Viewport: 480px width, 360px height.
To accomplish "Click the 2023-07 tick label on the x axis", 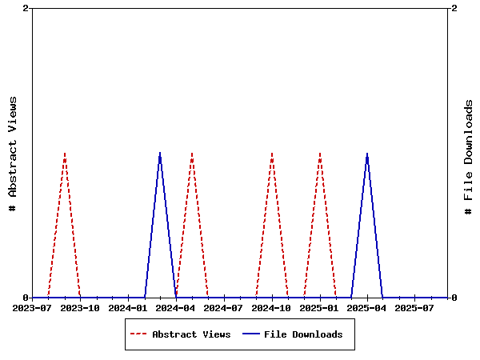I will point(33,307).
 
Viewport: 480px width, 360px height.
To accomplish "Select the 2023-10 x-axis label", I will point(80,307).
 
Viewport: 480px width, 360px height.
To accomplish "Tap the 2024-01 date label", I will point(128,307).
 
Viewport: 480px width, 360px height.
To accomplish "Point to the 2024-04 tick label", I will point(176,307).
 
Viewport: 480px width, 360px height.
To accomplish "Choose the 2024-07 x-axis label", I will point(224,307).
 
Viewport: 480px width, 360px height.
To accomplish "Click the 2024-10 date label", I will point(272,307).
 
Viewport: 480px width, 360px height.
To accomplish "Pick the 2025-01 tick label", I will point(320,307).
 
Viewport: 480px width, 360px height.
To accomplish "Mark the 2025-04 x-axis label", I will point(367,307).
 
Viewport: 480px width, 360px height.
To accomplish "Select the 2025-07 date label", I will point(414,307).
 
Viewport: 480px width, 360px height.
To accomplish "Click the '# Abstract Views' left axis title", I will point(13,153).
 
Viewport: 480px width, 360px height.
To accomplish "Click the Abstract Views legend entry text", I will point(191,334).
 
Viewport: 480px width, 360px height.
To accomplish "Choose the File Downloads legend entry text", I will point(303,334).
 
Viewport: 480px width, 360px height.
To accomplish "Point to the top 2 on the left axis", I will point(26,8).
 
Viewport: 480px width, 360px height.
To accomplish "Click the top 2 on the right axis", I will point(454,8).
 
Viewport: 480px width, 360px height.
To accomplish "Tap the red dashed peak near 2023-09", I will point(65,153).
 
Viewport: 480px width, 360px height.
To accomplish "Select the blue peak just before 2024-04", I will point(160,153).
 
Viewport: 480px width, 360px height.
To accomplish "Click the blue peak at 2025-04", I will point(367,153).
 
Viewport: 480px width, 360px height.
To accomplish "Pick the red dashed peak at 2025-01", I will point(320,153).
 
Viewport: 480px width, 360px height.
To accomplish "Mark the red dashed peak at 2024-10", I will point(272,153).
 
